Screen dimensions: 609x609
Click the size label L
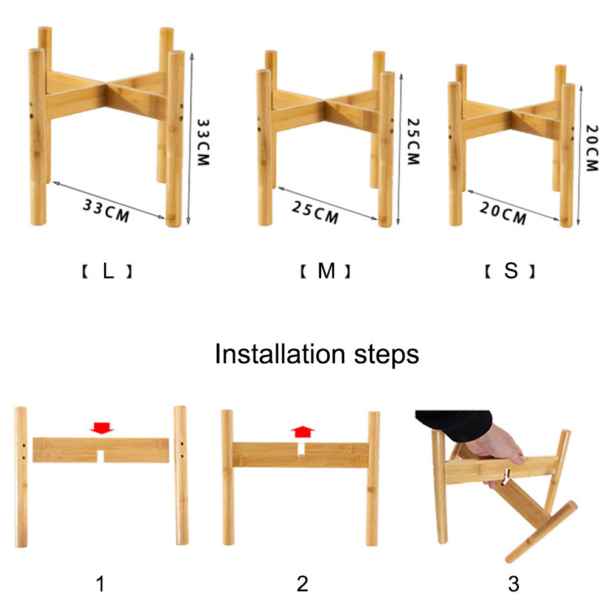pos(108,271)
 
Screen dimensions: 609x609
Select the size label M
pos(326,271)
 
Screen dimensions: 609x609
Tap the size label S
pos(510,271)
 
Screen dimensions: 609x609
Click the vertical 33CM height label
pos(203,142)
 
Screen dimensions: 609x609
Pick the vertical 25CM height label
pos(413,142)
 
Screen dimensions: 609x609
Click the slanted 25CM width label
pos(315,212)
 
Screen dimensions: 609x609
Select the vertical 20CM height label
pos(592,148)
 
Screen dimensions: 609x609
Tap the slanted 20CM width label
pos(503,213)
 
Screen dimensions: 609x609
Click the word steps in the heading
pos(386,355)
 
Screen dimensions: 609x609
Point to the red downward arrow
pos(102,428)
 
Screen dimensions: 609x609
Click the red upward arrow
pos(302,431)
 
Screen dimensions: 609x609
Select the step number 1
pos(100,584)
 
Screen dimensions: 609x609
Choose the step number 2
pos(302,584)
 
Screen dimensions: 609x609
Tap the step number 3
pos(513,584)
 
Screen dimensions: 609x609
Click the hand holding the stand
pos(497,451)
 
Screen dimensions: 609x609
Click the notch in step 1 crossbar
pos(100,456)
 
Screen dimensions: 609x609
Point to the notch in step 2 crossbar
pos(301,449)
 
